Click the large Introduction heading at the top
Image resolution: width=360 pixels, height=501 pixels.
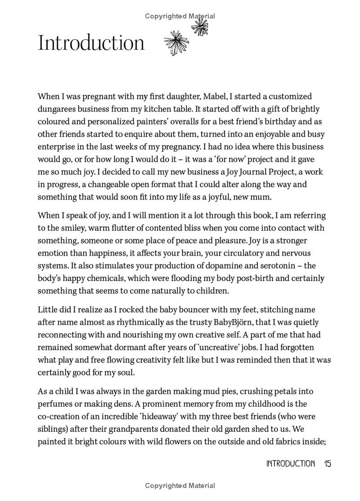[x=91, y=43]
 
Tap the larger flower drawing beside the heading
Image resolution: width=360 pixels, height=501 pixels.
[x=176, y=43]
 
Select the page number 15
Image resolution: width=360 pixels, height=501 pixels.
[x=327, y=464]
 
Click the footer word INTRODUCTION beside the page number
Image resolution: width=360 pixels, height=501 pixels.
[x=290, y=464]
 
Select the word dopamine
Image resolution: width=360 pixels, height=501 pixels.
[x=215, y=266]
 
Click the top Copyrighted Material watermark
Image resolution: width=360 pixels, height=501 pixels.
[x=180, y=16]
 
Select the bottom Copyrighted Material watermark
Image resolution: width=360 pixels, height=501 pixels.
[x=180, y=486]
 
